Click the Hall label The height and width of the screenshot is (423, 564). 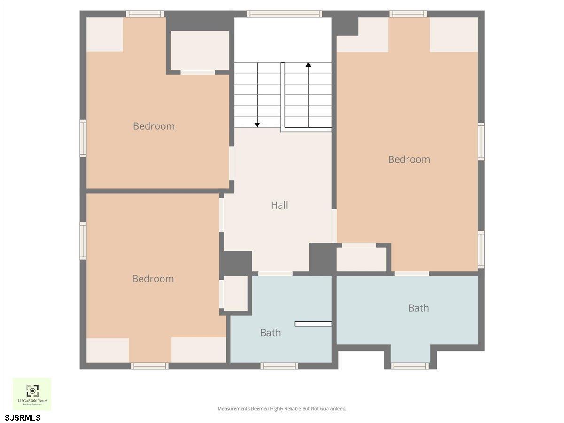[x=279, y=205]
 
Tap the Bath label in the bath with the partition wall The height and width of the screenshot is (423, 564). [x=270, y=333]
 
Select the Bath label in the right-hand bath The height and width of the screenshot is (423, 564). [x=418, y=308]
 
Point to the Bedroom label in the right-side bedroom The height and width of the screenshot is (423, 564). [x=409, y=159]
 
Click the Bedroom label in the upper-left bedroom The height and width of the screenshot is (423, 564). [x=154, y=126]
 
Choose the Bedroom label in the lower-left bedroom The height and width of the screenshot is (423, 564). [x=153, y=279]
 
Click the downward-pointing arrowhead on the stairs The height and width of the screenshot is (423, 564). [x=257, y=125]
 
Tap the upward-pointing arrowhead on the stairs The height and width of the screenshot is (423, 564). [x=308, y=65]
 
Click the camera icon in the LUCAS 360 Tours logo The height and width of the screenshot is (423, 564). [x=32, y=391]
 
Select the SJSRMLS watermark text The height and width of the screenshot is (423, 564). [x=23, y=418]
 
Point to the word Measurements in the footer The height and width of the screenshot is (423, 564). [x=233, y=409]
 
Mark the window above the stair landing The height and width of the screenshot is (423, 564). [x=284, y=14]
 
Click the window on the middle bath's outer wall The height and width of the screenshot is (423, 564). [x=279, y=366]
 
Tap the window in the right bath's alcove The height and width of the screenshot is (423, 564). [x=410, y=366]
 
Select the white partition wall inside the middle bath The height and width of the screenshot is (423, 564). [x=313, y=323]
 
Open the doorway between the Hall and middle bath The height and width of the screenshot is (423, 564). [x=275, y=274]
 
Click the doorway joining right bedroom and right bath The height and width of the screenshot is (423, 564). [x=412, y=274]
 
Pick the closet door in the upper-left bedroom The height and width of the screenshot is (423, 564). [x=198, y=72]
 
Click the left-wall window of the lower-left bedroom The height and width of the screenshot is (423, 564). [x=83, y=241]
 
